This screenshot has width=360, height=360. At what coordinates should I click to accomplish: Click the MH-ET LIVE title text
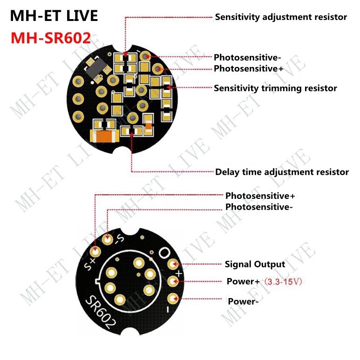point(54,16)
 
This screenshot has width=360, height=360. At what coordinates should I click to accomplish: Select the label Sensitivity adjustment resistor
point(281,17)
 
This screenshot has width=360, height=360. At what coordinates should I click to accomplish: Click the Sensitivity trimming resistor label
point(275,88)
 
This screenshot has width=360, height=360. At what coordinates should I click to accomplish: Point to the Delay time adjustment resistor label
point(282,172)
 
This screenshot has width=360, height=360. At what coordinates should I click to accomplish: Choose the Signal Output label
point(255,265)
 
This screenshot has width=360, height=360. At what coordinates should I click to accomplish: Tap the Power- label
point(243,301)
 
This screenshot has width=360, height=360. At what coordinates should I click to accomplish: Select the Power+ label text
point(243,282)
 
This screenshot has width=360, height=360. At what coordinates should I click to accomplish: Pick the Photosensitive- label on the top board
point(247,58)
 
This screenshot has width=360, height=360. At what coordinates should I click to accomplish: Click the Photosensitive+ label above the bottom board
point(260,196)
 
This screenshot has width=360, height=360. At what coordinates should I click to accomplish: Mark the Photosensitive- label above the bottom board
point(259,207)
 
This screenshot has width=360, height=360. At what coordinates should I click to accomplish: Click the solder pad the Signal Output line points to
point(173,265)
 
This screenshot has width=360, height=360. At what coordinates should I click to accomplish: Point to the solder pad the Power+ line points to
point(173,282)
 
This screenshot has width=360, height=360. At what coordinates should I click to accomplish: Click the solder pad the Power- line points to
point(173,299)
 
